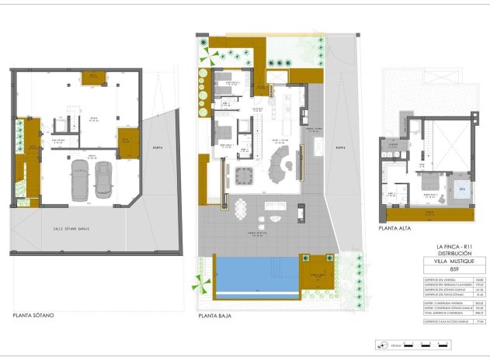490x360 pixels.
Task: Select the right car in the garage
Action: pos(103,181)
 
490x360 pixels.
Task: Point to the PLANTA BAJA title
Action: pos(217,317)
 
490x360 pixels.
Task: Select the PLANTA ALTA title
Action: pos(394,229)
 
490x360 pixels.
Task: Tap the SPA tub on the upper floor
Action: pos(462,189)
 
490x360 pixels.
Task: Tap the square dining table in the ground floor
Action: pos(245,172)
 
